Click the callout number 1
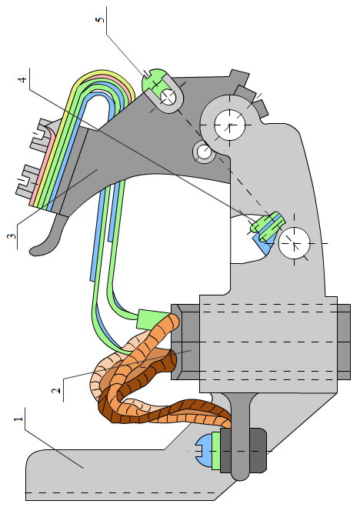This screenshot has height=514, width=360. pyautogui.click(x=18, y=419)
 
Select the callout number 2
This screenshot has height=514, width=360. pyautogui.click(x=56, y=390)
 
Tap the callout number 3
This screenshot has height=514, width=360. pyautogui.click(x=12, y=236)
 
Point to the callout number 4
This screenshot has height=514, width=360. pyautogui.click(x=22, y=80)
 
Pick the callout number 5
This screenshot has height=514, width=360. pyautogui.click(x=100, y=20)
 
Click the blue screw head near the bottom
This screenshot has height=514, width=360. pyautogui.click(x=204, y=452)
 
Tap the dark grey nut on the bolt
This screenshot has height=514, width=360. pyautogui.click(x=243, y=452)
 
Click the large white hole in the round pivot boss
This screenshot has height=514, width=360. pyautogui.click(x=230, y=125)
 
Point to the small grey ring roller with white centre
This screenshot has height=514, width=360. pyautogui.click(x=204, y=152)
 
